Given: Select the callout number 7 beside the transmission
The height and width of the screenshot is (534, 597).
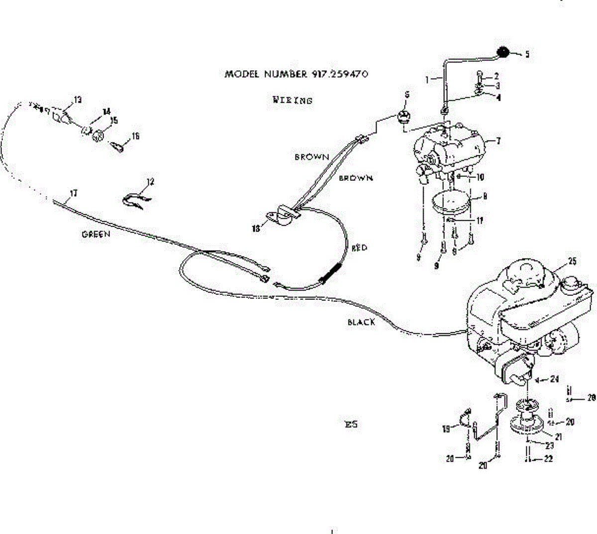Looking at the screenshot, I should (498, 141).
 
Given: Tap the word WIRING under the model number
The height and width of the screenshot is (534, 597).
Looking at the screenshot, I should (293, 100).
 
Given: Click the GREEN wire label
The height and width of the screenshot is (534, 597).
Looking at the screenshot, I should (96, 234).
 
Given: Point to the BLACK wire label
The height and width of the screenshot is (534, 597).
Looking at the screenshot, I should (361, 322).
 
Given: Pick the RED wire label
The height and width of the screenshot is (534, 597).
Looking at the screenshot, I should (359, 248).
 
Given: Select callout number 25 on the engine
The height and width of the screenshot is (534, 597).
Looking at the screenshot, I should (572, 262).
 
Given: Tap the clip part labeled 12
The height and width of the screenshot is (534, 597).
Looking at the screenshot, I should (135, 200).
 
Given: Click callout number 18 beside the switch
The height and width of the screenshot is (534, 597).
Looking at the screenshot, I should (256, 229).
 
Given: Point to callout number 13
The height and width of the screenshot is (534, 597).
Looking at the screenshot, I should (78, 100).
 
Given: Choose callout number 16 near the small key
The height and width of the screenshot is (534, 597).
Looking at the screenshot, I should (135, 136).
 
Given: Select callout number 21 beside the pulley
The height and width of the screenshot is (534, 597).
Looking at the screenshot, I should (558, 437).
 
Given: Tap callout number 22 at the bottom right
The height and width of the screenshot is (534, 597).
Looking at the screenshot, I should (548, 459).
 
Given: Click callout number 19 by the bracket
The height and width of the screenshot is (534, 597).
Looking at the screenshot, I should (446, 428).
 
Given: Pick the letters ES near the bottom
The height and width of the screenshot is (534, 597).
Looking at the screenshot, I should (351, 425).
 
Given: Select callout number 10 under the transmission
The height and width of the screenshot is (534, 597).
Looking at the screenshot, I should (480, 177).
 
